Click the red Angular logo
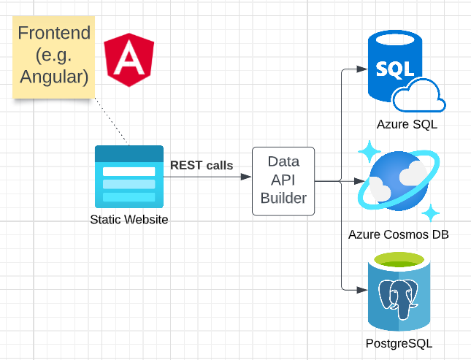pyautogui.click(x=129, y=59)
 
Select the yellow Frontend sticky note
pyautogui.click(x=54, y=57)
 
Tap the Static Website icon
pyautogui.click(x=129, y=177)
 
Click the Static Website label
pyautogui.click(x=129, y=219)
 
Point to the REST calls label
pyautogui.click(x=202, y=165)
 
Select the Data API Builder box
pyautogui.click(x=283, y=181)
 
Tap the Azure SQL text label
pyautogui.click(x=407, y=124)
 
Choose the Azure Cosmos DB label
pyautogui.click(x=399, y=234)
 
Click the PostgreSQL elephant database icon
pyautogui.click(x=399, y=291)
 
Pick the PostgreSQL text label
pyautogui.click(x=399, y=343)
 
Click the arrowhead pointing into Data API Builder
pyautogui.click(x=246, y=177)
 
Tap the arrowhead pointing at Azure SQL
pyautogui.click(x=362, y=69)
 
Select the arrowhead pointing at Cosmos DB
pyautogui.click(x=359, y=181)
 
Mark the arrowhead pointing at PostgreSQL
pyautogui.click(x=362, y=290)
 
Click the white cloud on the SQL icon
pyautogui.click(x=419, y=95)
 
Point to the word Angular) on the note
pyautogui.click(x=54, y=77)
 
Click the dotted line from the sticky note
pyautogui.click(x=112, y=122)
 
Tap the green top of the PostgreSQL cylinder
pyautogui.click(x=399, y=260)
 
